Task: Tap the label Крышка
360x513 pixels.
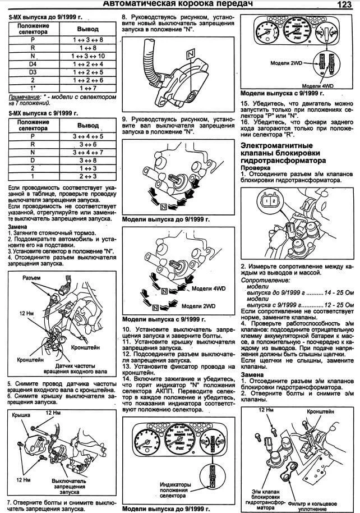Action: coord(21,430)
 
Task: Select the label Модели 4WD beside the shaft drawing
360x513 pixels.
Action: coord(209,288)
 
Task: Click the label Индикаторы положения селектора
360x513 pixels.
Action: coord(176,487)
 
